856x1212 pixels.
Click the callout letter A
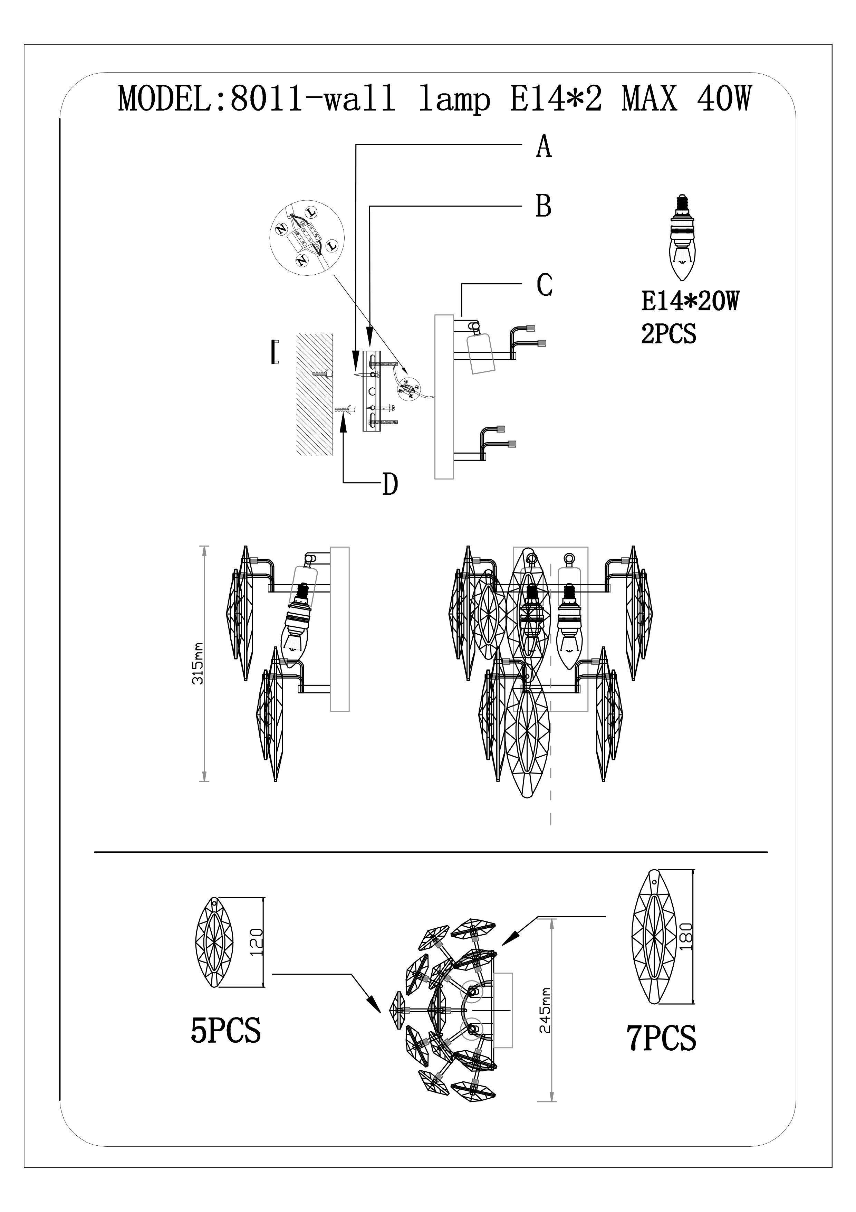point(544,146)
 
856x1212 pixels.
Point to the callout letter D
point(390,484)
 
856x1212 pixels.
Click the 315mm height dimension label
point(198,664)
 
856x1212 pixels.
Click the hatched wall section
point(315,394)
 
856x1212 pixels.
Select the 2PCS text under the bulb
point(668,334)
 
